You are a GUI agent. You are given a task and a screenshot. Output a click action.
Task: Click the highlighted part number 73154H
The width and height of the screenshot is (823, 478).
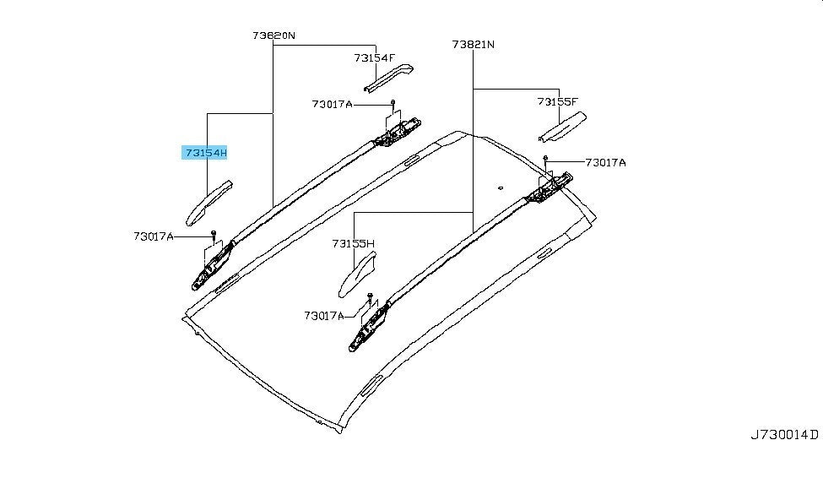[x=206, y=153]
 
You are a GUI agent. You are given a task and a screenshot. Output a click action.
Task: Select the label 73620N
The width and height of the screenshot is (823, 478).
[x=273, y=35]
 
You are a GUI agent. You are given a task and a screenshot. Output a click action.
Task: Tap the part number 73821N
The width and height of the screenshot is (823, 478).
[x=473, y=45]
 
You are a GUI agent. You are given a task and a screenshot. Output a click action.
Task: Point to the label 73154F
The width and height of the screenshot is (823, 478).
[x=374, y=57]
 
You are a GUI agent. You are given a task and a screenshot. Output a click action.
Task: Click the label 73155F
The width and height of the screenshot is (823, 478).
[x=557, y=101]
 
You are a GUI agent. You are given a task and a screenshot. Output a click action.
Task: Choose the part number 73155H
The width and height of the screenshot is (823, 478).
[x=353, y=244]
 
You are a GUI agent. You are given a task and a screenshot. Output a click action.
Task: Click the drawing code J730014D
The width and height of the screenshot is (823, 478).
[x=783, y=435]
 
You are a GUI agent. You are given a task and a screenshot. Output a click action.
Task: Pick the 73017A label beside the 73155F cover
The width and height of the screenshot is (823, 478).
[x=606, y=163]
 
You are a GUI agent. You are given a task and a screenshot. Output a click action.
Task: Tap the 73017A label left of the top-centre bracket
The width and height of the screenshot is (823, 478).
[x=333, y=104]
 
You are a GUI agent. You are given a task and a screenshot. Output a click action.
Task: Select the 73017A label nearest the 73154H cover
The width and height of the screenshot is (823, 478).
[x=154, y=236]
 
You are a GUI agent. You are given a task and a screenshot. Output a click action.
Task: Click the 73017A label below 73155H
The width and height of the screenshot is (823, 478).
[x=324, y=316]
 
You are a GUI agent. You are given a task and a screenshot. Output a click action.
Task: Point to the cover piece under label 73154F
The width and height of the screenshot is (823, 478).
[x=389, y=78]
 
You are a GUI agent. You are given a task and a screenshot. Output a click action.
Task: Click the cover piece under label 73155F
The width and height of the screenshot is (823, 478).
[x=563, y=127]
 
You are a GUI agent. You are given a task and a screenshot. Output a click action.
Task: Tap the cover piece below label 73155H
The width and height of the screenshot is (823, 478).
[x=357, y=274]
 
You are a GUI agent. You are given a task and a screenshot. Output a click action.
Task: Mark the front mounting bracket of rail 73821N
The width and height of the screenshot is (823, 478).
[x=370, y=326]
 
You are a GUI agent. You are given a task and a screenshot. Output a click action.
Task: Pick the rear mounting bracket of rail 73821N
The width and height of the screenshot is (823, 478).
[x=550, y=187]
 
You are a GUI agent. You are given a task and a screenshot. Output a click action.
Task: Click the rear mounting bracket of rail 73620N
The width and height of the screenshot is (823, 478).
[x=398, y=133]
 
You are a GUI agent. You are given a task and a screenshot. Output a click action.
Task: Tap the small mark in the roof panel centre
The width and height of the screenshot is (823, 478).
[x=501, y=187]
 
